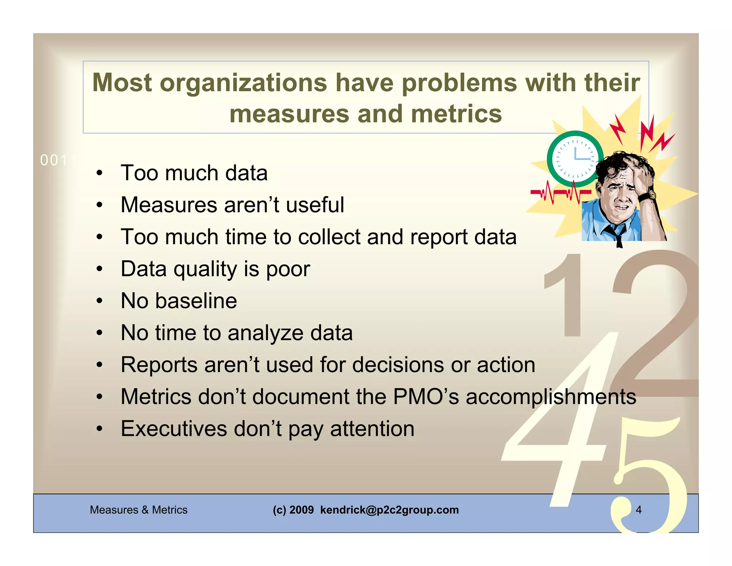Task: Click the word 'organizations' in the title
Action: click(243, 83)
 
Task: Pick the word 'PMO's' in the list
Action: click(426, 396)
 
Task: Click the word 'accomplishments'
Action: click(551, 396)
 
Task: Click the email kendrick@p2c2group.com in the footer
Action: click(389, 509)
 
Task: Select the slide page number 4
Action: click(639, 509)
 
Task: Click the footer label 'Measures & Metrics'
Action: click(138, 509)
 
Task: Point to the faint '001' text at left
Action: click(54, 160)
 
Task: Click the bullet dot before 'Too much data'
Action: click(99, 174)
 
